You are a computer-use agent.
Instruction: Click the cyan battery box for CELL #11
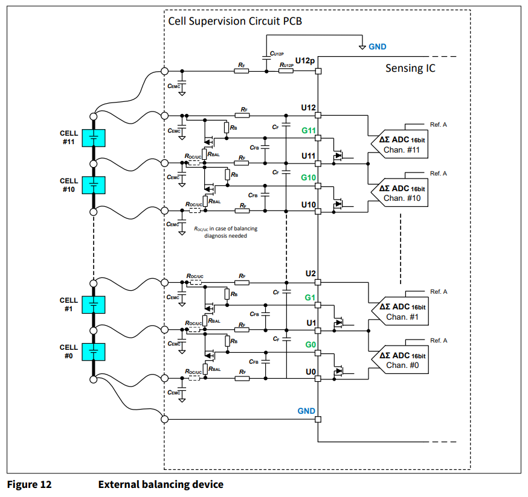94,138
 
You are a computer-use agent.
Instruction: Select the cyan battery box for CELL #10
94,185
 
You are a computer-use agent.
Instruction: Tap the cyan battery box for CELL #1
94,305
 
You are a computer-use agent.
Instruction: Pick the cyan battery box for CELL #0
94,352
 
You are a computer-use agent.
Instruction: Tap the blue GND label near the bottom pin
306,411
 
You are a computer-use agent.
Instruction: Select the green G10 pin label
309,178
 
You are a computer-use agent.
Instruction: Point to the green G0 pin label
310,345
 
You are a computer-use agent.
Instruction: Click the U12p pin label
305,61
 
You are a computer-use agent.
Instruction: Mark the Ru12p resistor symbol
286,71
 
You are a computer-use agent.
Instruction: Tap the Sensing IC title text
410,68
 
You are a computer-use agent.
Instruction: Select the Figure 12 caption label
29,484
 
